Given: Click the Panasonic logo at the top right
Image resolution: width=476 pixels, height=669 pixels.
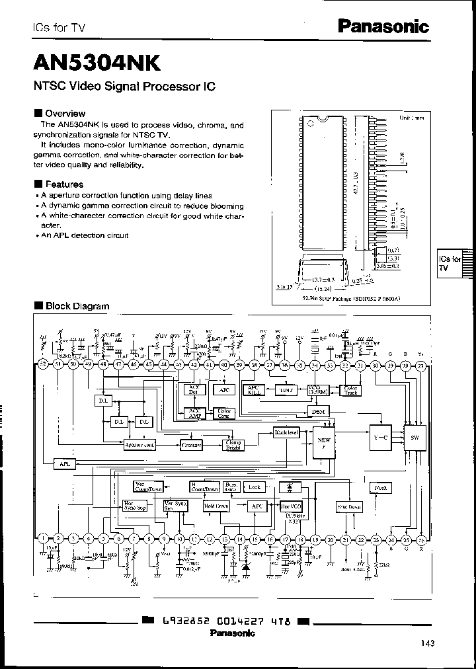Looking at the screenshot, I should (383, 26).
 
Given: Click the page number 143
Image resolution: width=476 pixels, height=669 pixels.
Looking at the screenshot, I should (427, 642).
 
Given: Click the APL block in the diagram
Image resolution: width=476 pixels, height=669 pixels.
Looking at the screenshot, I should (64, 464).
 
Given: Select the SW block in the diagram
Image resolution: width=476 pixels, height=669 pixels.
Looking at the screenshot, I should (414, 438).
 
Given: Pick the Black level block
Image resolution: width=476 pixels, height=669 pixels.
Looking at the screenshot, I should (268, 432).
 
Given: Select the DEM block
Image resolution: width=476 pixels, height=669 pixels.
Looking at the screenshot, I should (317, 411).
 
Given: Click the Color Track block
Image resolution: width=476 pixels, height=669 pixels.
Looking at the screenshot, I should (350, 390).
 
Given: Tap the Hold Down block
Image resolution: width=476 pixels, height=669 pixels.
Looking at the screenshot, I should (217, 506).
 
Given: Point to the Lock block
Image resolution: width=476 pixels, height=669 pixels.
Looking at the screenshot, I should (255, 487).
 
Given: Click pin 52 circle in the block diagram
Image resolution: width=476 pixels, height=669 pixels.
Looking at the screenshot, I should (43, 364).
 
